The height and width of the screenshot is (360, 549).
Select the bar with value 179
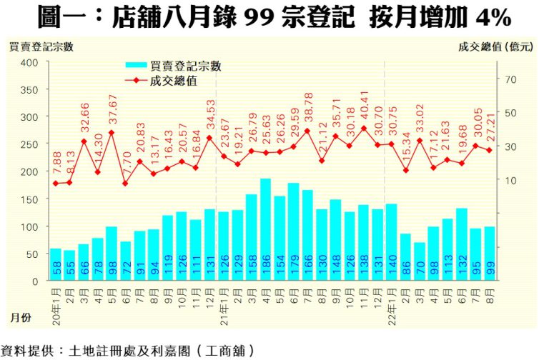pos(293,232)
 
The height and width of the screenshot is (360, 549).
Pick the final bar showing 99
pos(490,254)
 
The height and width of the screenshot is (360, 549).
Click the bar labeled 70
pos(420,262)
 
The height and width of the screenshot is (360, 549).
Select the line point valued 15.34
pos(405,170)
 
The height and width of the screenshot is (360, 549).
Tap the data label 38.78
pos(308,107)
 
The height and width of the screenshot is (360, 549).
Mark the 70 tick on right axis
pos(510,79)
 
